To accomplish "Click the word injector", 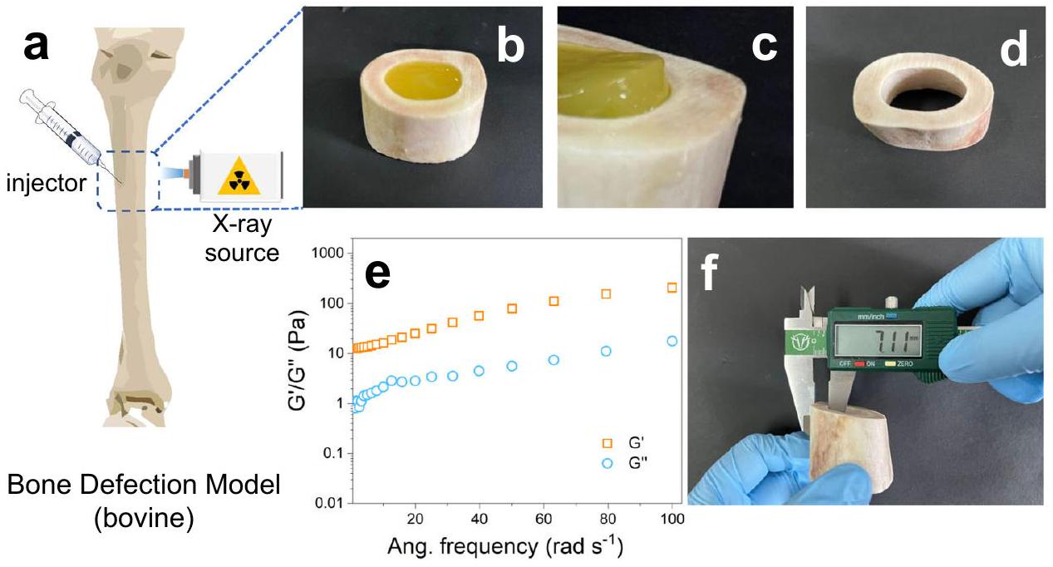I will [x=51, y=180].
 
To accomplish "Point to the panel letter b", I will [x=510, y=48].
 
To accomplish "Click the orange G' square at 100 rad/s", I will [x=672, y=288].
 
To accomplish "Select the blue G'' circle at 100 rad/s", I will [x=672, y=341].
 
